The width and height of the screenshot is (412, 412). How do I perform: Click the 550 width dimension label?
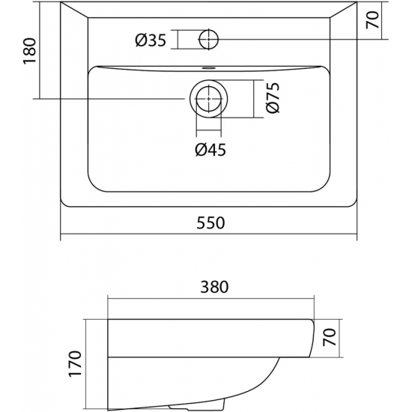210,222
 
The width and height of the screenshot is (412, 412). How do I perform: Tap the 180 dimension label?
29,51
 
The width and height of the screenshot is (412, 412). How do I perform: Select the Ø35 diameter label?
151,40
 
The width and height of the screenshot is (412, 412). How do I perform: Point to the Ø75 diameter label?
272,97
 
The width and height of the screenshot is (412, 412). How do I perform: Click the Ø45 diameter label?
210,150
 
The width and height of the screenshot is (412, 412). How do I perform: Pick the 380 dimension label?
214,287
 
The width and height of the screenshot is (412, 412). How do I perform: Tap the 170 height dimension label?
74,363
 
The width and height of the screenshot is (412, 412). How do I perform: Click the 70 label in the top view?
372,19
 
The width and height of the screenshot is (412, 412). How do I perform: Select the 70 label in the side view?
330,337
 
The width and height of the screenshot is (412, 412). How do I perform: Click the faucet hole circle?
209,40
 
